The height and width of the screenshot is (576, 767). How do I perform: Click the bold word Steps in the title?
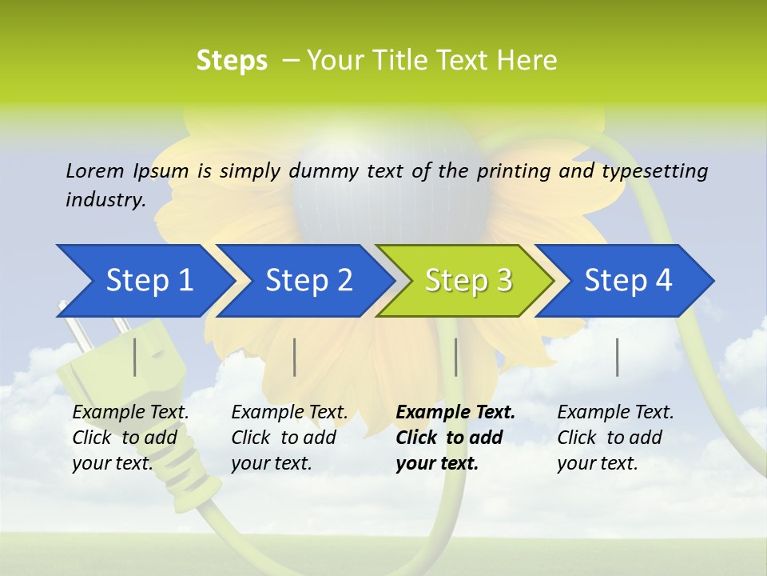(232, 61)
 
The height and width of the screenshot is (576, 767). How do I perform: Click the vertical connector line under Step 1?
(135, 357)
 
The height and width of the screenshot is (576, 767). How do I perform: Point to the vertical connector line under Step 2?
(295, 357)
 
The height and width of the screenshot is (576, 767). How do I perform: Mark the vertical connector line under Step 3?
(455, 357)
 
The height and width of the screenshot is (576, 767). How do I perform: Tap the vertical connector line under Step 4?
(617, 357)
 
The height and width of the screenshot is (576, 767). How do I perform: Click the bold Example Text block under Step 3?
(455, 438)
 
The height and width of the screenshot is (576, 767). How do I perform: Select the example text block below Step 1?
(130, 438)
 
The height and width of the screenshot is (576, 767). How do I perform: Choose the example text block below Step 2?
(289, 438)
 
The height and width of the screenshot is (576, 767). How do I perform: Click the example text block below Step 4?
(615, 438)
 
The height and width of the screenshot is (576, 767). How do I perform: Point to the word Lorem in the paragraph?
(95, 170)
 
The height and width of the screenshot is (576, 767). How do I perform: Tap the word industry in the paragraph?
(105, 199)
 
